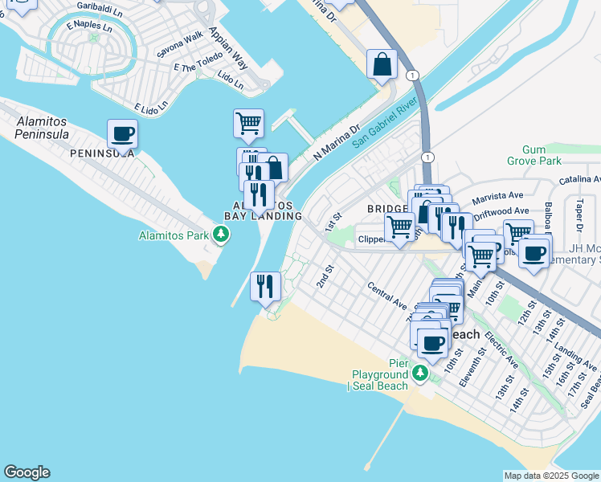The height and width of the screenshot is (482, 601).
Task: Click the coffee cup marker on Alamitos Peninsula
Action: pos(122,134)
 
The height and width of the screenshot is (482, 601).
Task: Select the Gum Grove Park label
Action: pos(534,155)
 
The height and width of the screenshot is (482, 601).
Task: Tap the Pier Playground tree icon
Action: pos(419,374)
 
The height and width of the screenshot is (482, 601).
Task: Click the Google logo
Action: pos(27,472)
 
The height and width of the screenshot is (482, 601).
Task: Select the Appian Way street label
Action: pos(230,47)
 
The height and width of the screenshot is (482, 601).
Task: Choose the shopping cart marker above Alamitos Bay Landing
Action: pos(248,124)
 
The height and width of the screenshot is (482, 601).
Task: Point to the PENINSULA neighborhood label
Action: pos(101,153)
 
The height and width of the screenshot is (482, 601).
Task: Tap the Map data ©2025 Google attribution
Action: pos(551,476)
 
